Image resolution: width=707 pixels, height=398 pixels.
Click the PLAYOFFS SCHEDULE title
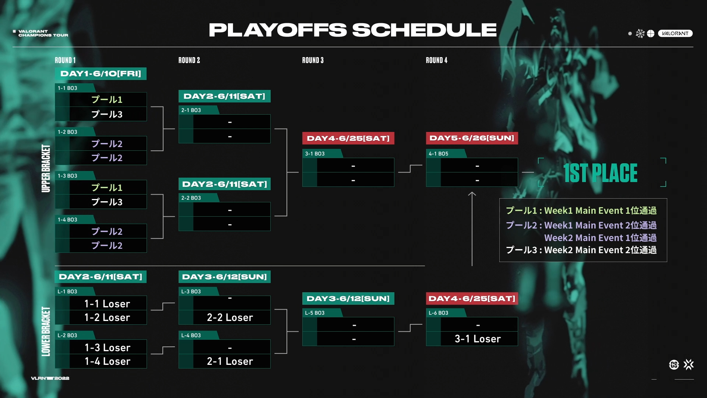353,30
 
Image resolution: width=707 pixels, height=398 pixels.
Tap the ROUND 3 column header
313,60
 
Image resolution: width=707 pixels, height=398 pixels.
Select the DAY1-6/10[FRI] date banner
101,74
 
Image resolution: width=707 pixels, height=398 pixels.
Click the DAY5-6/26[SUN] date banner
472,138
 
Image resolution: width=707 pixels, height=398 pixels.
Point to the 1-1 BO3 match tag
67,88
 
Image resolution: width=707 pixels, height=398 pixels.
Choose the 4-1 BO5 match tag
439,154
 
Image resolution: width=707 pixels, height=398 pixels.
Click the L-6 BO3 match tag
439,313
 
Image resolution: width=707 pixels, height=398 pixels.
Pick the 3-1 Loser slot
478,339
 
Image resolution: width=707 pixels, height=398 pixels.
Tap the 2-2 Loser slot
230,317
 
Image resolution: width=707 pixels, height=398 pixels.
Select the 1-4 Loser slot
108,361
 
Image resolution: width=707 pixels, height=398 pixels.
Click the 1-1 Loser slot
107,304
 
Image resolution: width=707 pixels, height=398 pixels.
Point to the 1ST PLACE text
600,173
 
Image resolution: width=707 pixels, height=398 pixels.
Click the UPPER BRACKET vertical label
46,168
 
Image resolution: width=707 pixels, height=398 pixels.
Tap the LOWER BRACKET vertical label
46,331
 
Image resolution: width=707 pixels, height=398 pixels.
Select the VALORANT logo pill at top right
675,34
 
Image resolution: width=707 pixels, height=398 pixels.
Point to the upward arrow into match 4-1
472,229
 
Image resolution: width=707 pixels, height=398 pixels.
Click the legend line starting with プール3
581,250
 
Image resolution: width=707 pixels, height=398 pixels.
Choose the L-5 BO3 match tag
315,313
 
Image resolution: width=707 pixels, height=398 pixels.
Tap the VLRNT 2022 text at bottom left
50,378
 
